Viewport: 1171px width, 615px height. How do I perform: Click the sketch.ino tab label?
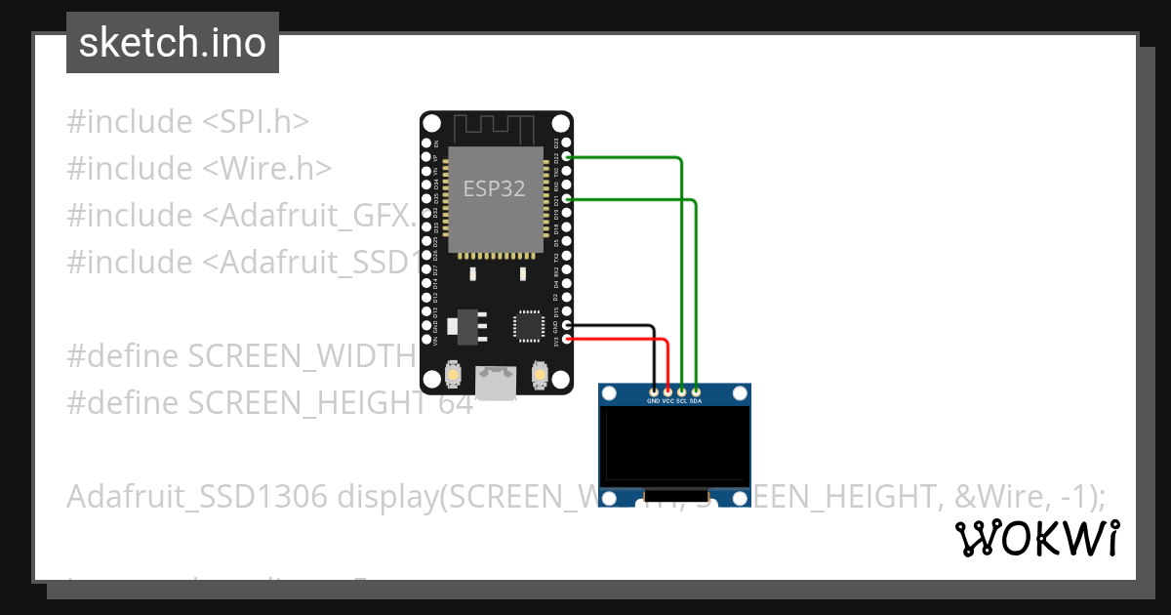173,43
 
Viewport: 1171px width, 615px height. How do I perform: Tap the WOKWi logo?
1036,538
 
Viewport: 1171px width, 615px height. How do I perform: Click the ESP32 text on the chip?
494,189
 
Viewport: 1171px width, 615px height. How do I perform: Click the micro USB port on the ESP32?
496,383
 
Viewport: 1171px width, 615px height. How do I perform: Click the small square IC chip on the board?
528,325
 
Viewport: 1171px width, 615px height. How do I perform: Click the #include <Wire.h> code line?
199,168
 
